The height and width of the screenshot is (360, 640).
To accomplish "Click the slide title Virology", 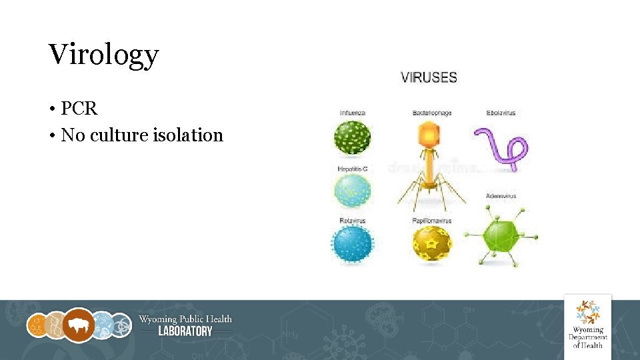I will pyautogui.click(x=103, y=55).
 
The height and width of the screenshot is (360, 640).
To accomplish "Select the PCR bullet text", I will pyautogui.click(x=79, y=108).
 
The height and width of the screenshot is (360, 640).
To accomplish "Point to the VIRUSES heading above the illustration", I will pyautogui.click(x=429, y=77).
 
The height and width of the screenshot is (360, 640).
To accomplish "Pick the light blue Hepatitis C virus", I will pyautogui.click(x=352, y=190).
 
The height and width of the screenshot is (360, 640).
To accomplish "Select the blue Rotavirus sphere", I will pyautogui.click(x=352, y=244).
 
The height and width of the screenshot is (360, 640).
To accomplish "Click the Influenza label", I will pyautogui.click(x=352, y=113).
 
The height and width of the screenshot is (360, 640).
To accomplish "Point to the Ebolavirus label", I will pyautogui.click(x=501, y=113).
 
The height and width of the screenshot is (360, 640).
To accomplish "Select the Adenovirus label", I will pyautogui.click(x=501, y=196).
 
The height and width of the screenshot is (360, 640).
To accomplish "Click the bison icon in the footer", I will pyautogui.click(x=79, y=325).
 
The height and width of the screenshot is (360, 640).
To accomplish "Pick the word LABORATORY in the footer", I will pyautogui.click(x=185, y=331).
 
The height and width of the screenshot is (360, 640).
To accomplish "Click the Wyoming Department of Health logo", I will pyautogui.click(x=587, y=323).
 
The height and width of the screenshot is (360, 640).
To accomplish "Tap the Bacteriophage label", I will pyautogui.click(x=431, y=113).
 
